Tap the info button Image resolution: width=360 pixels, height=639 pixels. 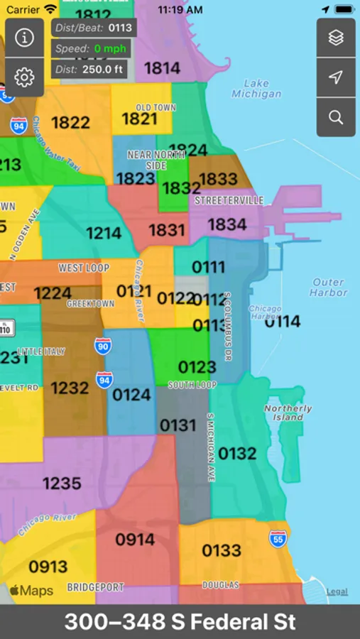[x=25, y=38]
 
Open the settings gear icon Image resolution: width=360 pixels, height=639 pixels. [x=25, y=77]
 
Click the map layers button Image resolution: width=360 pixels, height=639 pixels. [x=336, y=38]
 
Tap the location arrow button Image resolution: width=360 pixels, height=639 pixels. [x=336, y=77]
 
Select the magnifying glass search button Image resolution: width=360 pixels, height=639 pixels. [x=336, y=117]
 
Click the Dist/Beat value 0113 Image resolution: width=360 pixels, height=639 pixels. [x=120, y=28]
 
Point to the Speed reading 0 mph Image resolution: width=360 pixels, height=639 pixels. [x=110, y=49]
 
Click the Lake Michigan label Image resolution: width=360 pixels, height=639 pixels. [x=256, y=89]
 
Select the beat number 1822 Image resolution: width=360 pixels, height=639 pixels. [x=70, y=123]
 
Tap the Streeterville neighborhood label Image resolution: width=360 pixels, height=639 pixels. [x=229, y=201]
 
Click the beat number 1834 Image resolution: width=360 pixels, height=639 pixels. [x=227, y=224]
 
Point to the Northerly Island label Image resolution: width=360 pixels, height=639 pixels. [x=288, y=413]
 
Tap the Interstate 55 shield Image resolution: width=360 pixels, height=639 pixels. [x=278, y=538]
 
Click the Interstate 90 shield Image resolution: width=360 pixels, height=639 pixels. [x=103, y=346]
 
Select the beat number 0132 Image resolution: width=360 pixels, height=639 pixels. [x=237, y=453]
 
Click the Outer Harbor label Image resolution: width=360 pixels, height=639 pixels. [x=329, y=288]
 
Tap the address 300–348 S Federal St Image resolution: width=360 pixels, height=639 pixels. [x=180, y=622]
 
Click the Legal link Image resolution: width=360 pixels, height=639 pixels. [x=337, y=591]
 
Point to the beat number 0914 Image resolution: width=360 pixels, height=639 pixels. [x=135, y=540]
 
